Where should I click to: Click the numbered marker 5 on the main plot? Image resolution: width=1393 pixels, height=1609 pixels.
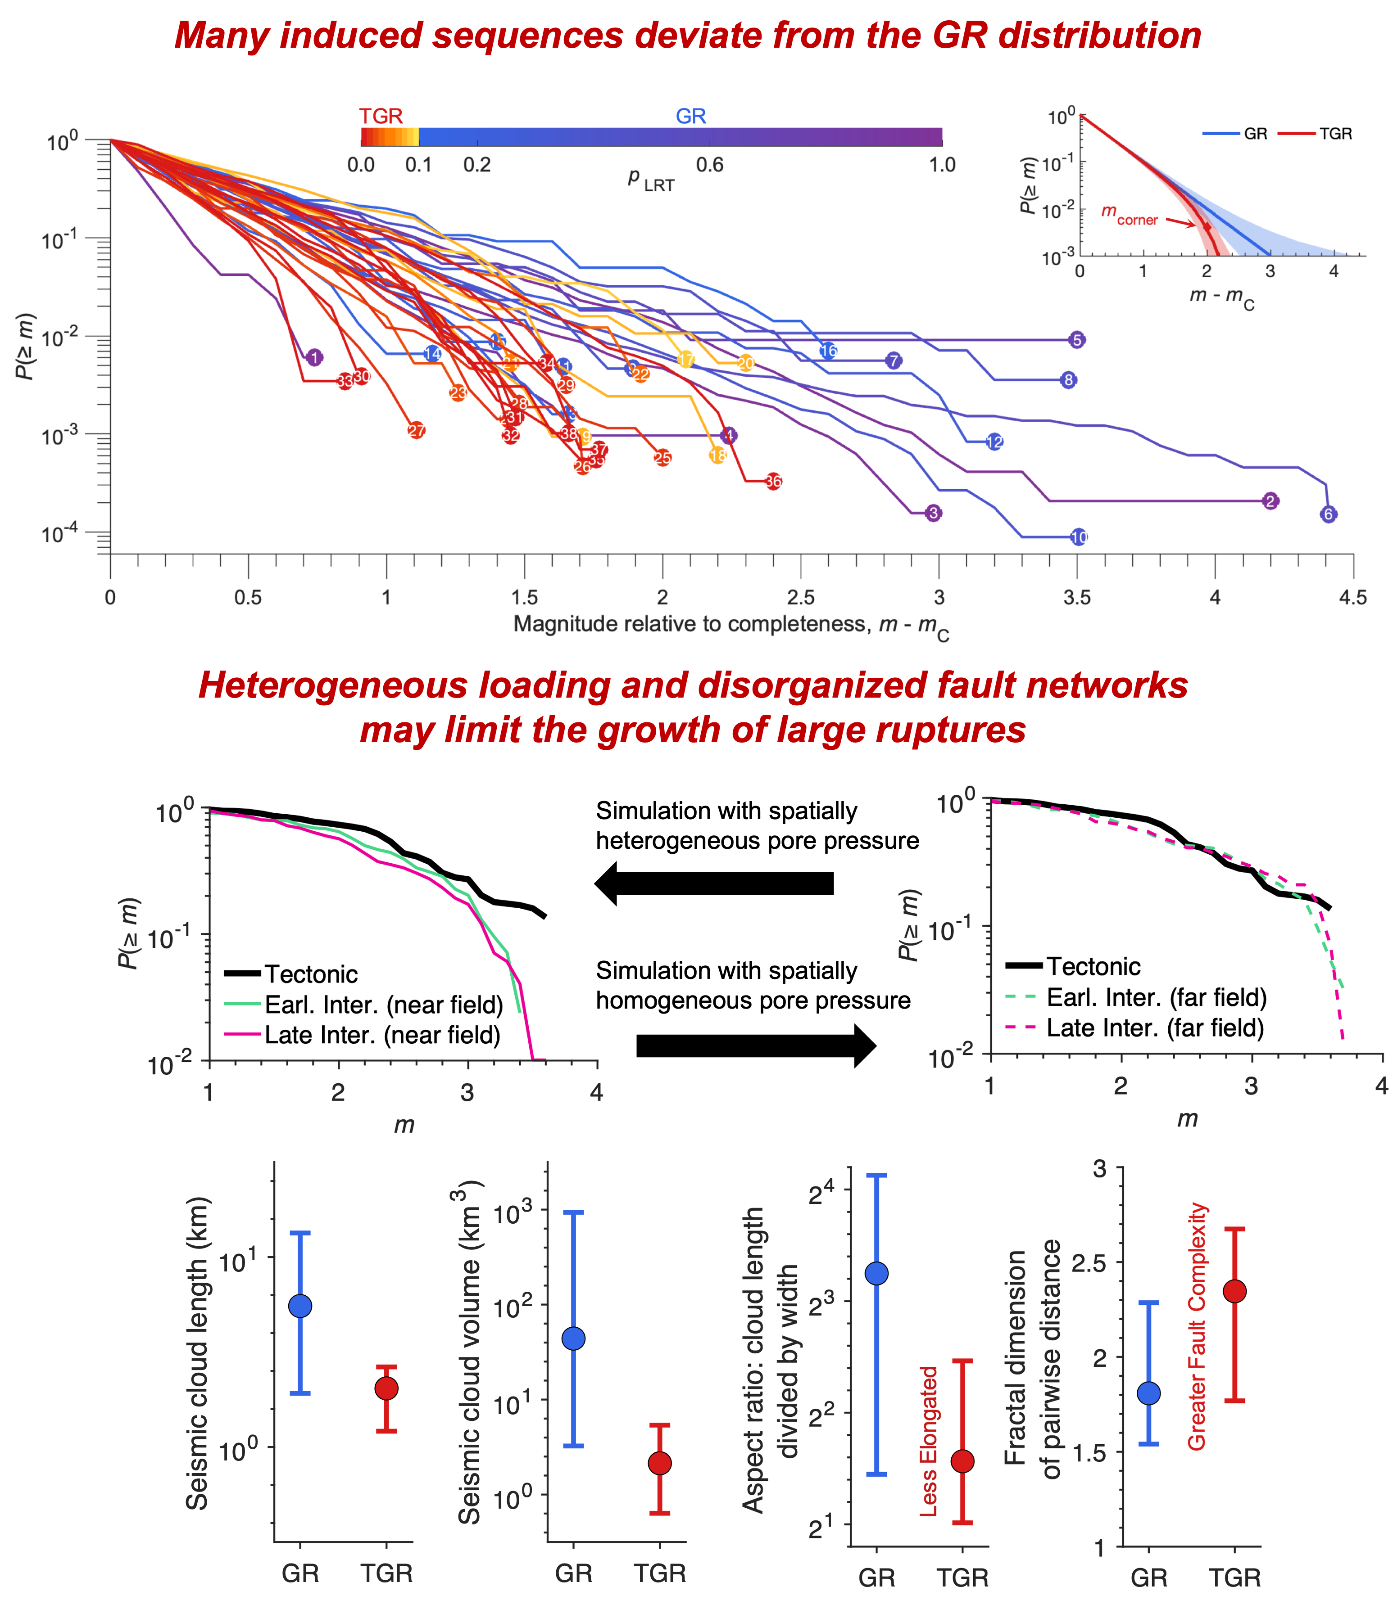tap(1077, 339)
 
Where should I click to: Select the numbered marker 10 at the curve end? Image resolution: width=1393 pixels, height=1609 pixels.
tap(1078, 537)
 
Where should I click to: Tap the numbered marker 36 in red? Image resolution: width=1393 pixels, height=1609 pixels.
tap(773, 482)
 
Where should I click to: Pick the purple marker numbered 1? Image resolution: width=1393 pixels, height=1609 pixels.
tap(314, 357)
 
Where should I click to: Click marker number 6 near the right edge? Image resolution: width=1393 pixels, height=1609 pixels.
tap(1329, 514)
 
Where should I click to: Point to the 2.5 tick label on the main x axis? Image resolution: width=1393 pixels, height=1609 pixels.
tap(801, 597)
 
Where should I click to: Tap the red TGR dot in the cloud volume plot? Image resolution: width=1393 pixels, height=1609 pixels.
tap(660, 1463)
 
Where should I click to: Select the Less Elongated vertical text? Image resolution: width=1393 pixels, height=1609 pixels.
tap(929, 1441)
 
